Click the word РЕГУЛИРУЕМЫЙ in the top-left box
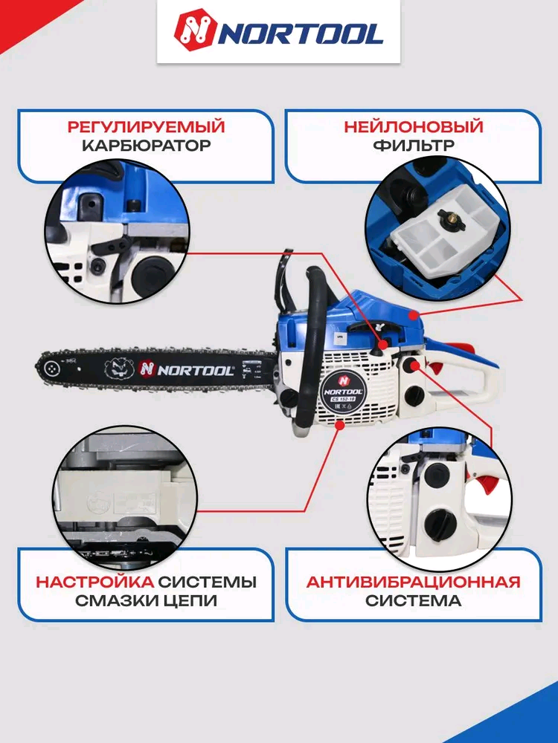point(146,127)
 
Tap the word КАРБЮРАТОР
point(146,145)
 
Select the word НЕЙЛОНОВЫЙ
point(413,127)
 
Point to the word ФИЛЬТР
point(413,145)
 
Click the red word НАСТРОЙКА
point(95,582)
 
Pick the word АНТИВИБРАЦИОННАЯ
point(413,582)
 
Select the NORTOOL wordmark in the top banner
point(301,34)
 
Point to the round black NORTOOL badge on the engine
point(344,389)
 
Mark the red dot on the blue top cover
point(414,314)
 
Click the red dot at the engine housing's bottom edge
point(339,425)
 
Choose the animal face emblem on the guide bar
point(118,369)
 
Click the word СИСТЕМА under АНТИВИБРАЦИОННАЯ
point(413,600)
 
